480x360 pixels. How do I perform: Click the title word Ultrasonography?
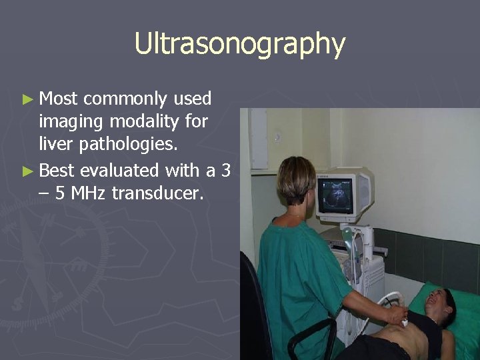239,44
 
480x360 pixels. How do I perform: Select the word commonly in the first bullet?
125,99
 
